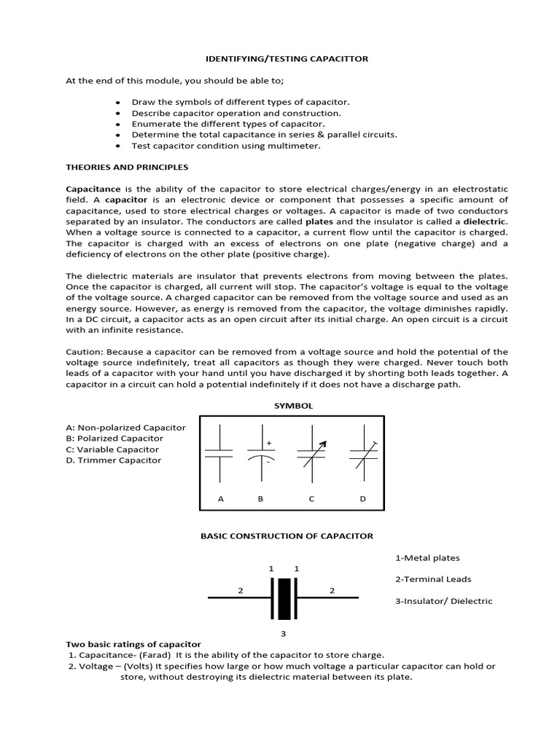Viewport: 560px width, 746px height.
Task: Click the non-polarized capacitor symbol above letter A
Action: pyautogui.click(x=219, y=453)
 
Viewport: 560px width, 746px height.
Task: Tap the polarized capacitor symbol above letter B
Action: pyautogui.click(x=260, y=453)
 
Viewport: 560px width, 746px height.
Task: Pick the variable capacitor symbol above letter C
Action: pyautogui.click(x=311, y=453)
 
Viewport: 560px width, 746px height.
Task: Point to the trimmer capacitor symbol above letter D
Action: pyautogui.click(x=362, y=453)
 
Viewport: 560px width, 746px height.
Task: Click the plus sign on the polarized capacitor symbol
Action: pyautogui.click(x=269, y=442)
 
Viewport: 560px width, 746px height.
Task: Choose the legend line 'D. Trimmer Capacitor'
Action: pyautogui.click(x=114, y=460)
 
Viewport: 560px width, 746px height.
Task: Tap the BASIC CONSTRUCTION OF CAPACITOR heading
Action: pyautogui.click(x=287, y=535)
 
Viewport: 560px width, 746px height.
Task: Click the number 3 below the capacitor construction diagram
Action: pyautogui.click(x=284, y=633)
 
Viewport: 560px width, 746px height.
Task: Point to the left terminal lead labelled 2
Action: pyautogui.click(x=238, y=597)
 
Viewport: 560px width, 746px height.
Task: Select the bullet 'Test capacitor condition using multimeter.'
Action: pyautogui.click(x=226, y=146)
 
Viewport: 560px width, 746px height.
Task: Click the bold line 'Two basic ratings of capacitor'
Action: pyautogui.click(x=133, y=644)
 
